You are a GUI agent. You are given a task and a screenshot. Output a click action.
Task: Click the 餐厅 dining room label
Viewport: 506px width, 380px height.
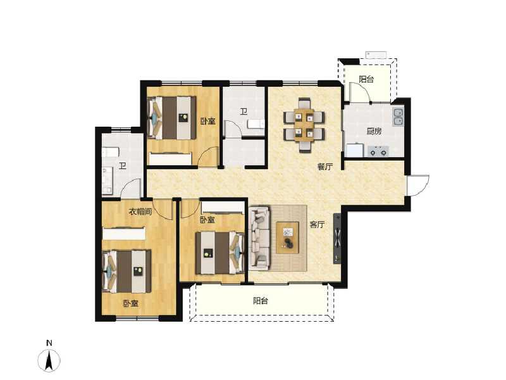324,167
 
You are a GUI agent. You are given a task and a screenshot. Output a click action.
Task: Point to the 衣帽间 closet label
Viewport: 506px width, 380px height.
140,212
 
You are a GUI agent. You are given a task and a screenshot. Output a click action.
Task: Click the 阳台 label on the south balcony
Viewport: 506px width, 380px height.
261,301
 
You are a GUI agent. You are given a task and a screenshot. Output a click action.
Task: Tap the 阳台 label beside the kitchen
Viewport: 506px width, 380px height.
366,80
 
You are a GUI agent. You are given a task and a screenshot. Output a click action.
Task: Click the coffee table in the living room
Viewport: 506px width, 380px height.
288,237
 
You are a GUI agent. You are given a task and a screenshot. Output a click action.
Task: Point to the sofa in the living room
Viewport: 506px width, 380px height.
259,237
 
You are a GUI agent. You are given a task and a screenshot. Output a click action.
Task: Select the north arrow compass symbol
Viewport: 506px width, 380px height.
49,361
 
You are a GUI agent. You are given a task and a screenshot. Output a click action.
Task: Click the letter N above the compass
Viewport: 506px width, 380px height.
49,343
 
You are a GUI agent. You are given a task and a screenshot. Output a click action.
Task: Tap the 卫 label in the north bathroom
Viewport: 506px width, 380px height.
243,112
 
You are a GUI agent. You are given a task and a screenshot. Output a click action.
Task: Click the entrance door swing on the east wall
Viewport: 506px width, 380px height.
417,184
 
